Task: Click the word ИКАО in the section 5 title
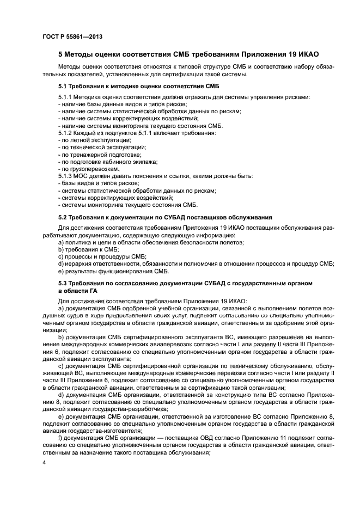(306, 55)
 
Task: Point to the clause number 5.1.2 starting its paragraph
(66, 133)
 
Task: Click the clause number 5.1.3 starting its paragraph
(66, 176)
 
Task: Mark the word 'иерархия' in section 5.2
(78, 263)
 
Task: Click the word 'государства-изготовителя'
(107, 430)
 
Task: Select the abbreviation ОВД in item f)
(186, 437)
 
